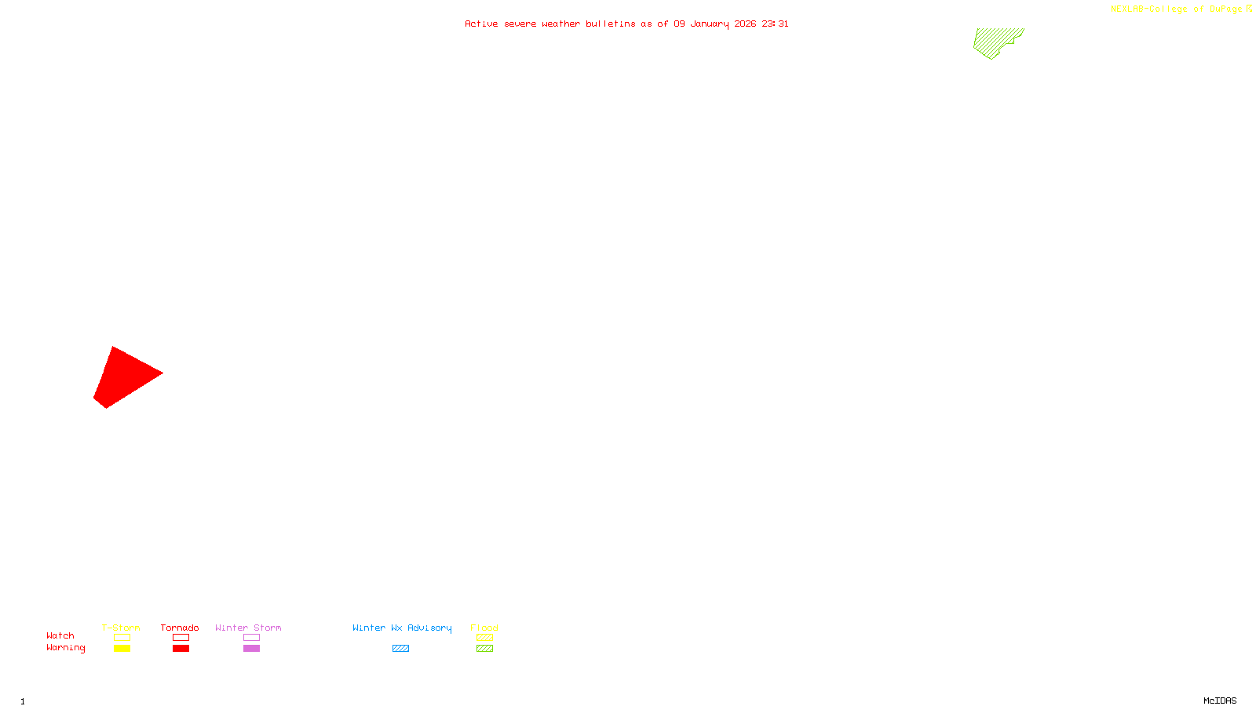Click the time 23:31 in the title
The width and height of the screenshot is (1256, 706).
(x=775, y=24)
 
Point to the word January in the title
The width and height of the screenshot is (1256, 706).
(x=709, y=24)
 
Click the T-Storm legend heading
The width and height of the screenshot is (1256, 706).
(x=121, y=628)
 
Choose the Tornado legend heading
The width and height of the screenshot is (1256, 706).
(x=180, y=628)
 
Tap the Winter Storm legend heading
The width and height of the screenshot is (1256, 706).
(x=248, y=628)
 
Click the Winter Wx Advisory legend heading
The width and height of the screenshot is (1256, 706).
(x=402, y=628)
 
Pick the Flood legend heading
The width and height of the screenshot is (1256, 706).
(x=484, y=628)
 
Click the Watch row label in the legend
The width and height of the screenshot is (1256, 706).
(x=60, y=635)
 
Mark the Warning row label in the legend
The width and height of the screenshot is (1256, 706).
(x=65, y=648)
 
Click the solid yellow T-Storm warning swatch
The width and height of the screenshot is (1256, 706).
(x=122, y=649)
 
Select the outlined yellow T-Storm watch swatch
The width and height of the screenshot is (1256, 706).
(x=122, y=638)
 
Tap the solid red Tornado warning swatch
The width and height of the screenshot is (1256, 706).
(x=181, y=649)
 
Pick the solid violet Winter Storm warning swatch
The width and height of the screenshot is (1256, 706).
(x=251, y=649)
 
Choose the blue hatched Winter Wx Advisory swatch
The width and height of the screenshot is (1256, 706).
(x=400, y=649)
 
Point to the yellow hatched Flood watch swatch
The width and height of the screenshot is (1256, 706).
(x=484, y=638)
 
